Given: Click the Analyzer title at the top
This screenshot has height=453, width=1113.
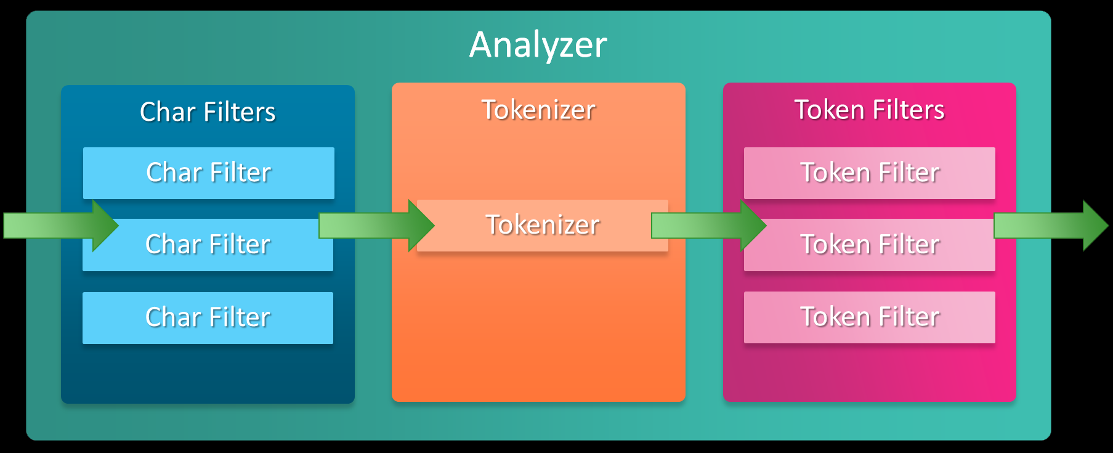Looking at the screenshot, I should pyautogui.click(x=538, y=44).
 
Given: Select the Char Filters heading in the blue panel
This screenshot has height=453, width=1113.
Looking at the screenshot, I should pyautogui.click(x=208, y=112).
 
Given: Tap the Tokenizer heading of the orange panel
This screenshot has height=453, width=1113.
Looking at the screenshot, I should pyautogui.click(x=538, y=110).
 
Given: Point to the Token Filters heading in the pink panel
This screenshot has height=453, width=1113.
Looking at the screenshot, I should pyautogui.click(x=869, y=110).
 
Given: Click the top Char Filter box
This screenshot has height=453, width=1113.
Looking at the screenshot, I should pyautogui.click(x=209, y=173).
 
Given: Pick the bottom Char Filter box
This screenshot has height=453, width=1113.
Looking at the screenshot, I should pyautogui.click(x=208, y=317).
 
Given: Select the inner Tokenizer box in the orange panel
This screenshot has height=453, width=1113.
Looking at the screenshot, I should pyautogui.click(x=543, y=225).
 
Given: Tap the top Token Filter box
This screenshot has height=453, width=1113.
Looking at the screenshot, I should pyautogui.click(x=869, y=173).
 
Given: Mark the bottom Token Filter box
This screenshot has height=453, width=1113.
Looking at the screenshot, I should pyautogui.click(x=869, y=317).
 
